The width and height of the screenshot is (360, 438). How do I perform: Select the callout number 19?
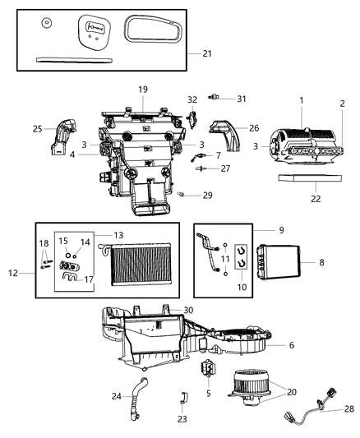[142, 89]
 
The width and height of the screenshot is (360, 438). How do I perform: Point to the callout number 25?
[38, 128]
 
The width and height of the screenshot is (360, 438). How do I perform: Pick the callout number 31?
[242, 99]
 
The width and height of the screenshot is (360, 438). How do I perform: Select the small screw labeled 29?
[181, 196]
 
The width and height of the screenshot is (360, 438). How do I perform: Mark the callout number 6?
[292, 345]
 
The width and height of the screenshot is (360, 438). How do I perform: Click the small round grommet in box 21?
[45, 22]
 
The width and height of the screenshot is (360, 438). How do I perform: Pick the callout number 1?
[301, 100]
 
